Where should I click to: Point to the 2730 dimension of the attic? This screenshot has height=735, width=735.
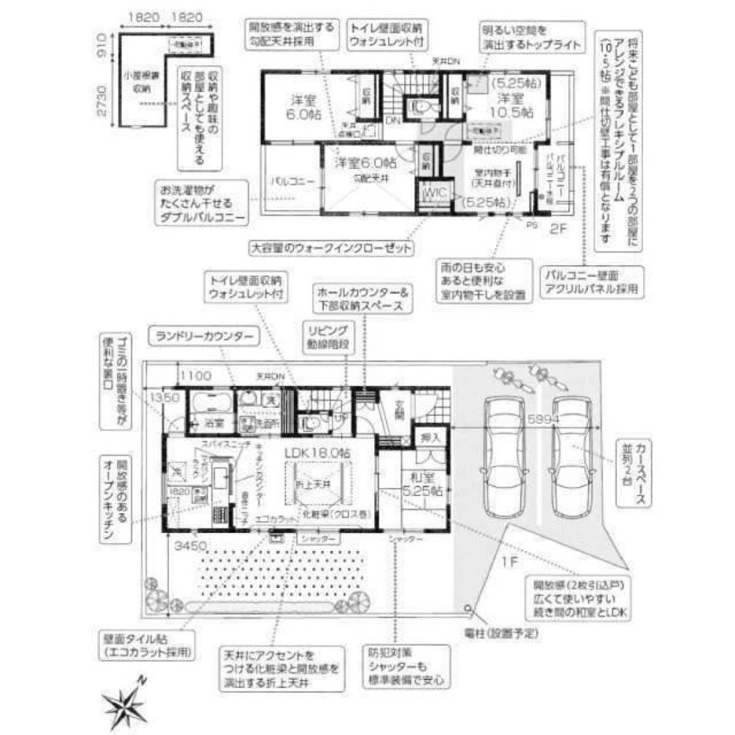coord(104,103)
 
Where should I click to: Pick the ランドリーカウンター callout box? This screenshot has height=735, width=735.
coord(204,337)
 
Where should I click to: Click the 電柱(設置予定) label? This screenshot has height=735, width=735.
coord(502,632)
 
